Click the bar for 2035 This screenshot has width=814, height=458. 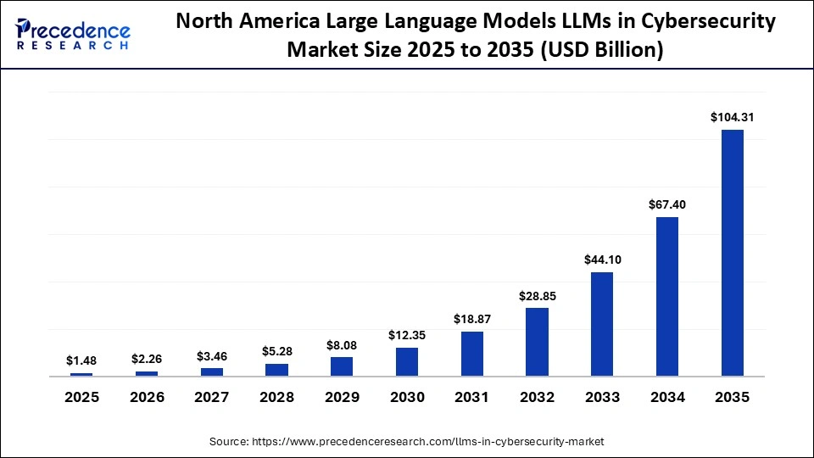732,253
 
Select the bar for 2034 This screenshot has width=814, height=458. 666,296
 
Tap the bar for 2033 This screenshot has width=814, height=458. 601,324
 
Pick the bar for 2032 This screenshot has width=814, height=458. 537,342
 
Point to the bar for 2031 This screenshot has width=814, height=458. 471,354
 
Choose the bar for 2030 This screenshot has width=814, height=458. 406,361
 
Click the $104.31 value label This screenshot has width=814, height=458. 732,117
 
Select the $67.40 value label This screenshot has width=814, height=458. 666,204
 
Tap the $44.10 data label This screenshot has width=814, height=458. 601,260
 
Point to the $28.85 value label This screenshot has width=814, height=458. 537,295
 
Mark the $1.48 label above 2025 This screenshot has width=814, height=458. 81,360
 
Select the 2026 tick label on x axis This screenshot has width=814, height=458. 147,397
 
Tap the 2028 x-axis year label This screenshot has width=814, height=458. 276,397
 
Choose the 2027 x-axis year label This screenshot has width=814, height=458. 211,397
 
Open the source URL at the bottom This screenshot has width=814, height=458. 407,441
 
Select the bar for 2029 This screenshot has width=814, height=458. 341,366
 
